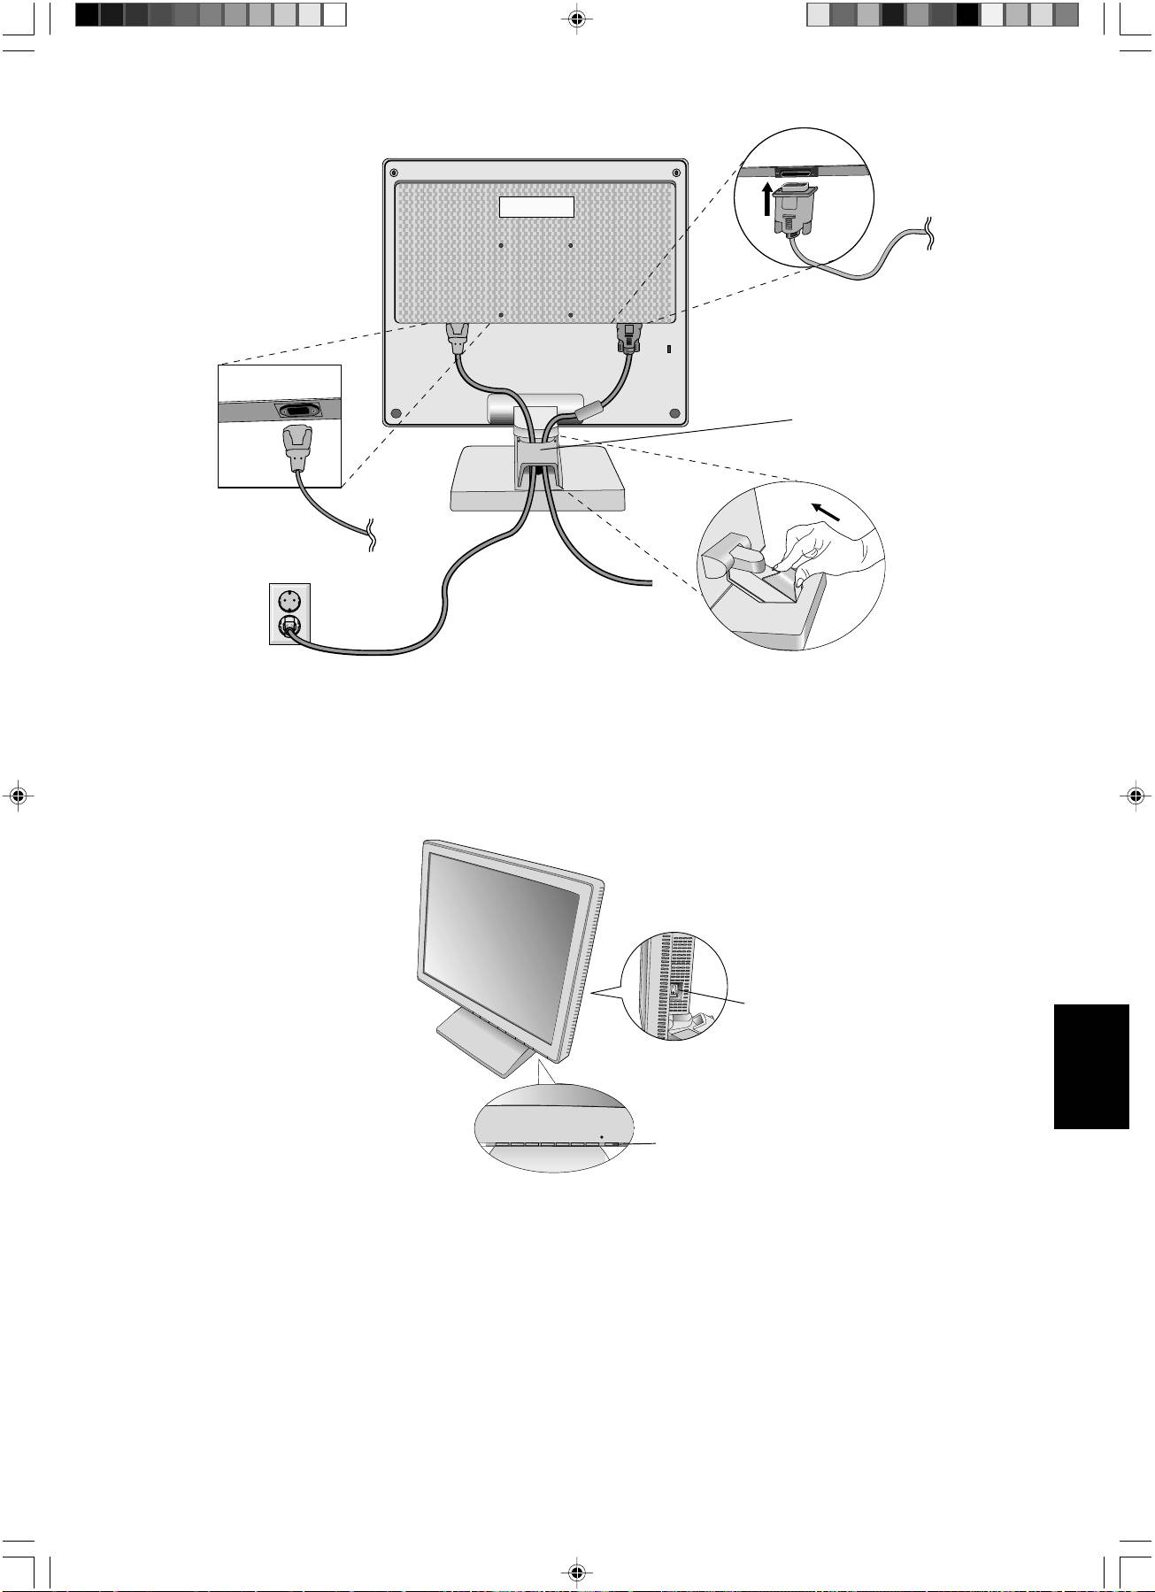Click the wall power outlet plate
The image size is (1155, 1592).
coord(290,613)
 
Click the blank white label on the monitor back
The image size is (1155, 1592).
coord(536,207)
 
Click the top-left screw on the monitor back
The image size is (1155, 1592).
coord(394,172)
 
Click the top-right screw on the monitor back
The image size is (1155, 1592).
coord(676,172)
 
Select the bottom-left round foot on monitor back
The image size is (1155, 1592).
coord(395,412)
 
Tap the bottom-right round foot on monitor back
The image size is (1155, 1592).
coord(674,412)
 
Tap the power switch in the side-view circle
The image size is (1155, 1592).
coord(676,993)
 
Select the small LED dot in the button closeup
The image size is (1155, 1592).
coord(602,1135)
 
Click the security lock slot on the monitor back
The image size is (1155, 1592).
coord(668,349)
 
